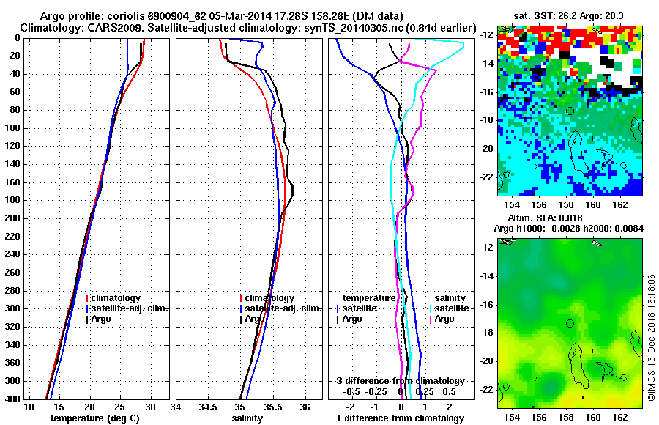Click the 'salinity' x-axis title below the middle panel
tap(248, 418)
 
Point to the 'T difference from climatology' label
tap(399, 418)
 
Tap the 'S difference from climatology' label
tap(400, 381)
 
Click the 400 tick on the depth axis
tap(13, 399)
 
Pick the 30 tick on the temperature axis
tap(150, 406)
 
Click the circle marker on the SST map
tap(570, 111)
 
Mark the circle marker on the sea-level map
tap(570, 323)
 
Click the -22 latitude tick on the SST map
tap(486, 177)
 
